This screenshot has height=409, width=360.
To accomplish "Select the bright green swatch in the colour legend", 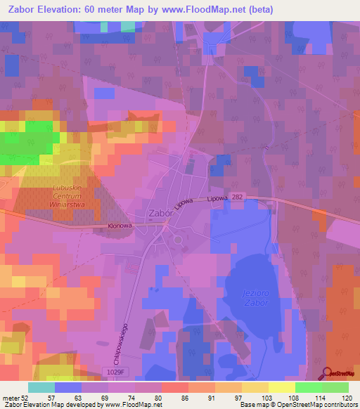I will pyautogui.click(x=309, y=387).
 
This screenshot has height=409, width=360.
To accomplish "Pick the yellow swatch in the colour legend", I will pyautogui.click(x=282, y=387).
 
